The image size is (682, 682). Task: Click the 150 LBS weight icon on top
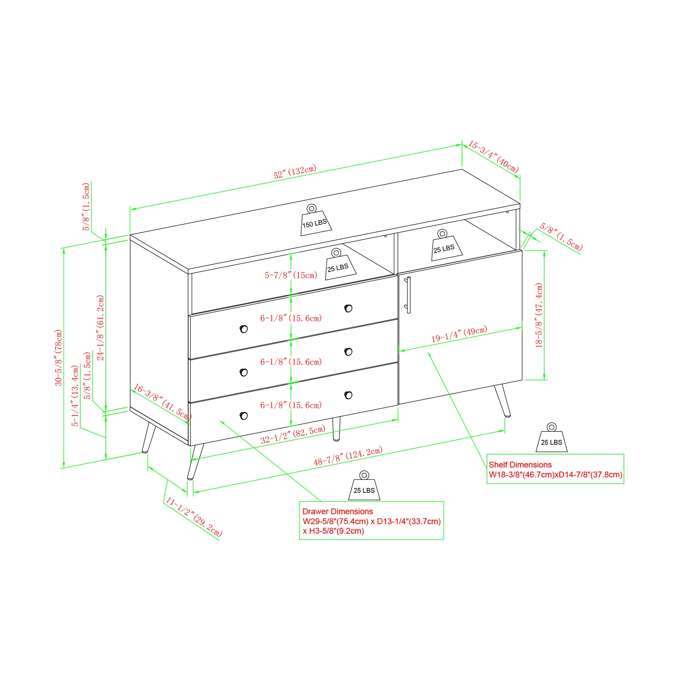pos(315,220)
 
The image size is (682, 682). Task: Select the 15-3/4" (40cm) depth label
pos(493,157)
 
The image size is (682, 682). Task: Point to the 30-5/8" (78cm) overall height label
pos(58,358)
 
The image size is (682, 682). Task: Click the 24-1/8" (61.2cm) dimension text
pos(101,328)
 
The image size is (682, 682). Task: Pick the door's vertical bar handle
pos(409,295)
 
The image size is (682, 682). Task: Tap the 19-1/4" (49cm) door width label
pos(459,334)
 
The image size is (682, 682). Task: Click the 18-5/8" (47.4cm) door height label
pos(539,315)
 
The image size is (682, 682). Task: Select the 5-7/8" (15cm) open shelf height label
pos(291,275)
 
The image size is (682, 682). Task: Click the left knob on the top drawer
pos(243,329)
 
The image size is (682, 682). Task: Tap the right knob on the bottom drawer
pos(348,395)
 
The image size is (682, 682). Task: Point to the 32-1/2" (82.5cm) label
pos(293,434)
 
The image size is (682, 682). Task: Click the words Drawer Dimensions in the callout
pos(338,512)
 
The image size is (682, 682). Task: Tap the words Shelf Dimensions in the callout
pos(520,465)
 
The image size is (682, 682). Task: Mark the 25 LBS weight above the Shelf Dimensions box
pos(551,438)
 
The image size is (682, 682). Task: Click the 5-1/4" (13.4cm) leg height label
pos(75,396)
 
